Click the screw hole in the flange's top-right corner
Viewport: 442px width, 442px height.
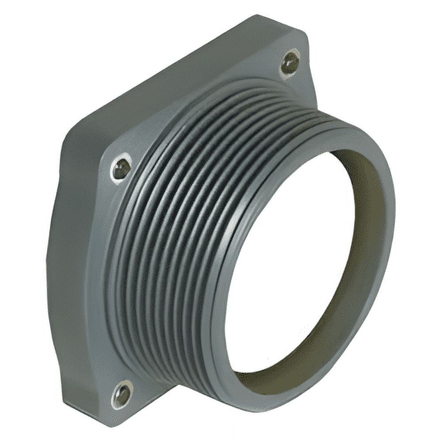click(x=290, y=63)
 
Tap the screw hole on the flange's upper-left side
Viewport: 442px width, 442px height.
click(x=121, y=168)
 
